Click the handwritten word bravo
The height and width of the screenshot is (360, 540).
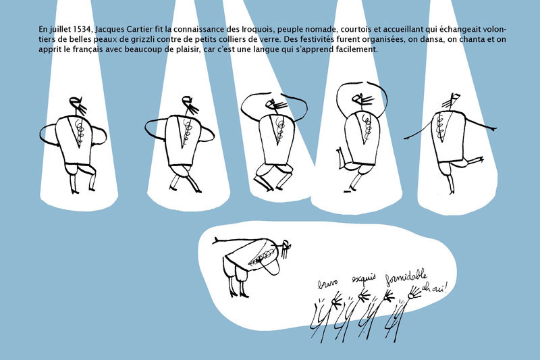tap(327, 284)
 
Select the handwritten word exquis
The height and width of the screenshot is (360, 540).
tap(363, 278)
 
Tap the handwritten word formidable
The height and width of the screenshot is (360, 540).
tap(406, 278)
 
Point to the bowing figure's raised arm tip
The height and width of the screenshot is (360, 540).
tap(215, 241)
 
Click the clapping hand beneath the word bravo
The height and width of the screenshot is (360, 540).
tap(336, 300)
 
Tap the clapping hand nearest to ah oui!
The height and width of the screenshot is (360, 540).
tap(414, 293)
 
